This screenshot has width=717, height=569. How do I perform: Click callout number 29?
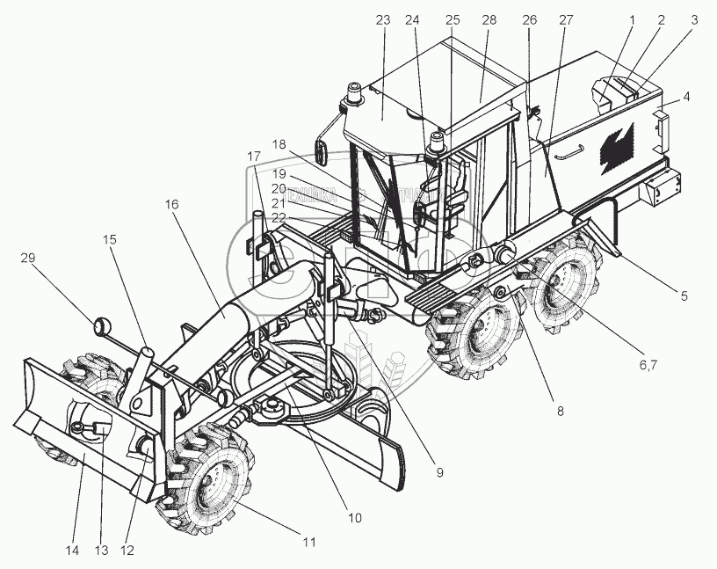pos(27,257)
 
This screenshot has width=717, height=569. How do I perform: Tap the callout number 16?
pos(171,204)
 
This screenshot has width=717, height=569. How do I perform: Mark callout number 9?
pos(439,473)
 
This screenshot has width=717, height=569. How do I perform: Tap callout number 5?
pos(683,296)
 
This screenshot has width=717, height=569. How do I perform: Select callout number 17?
pos(254,156)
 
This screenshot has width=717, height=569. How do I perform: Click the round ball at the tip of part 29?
pos(102,327)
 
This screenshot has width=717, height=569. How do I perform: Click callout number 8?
pos(560,410)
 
